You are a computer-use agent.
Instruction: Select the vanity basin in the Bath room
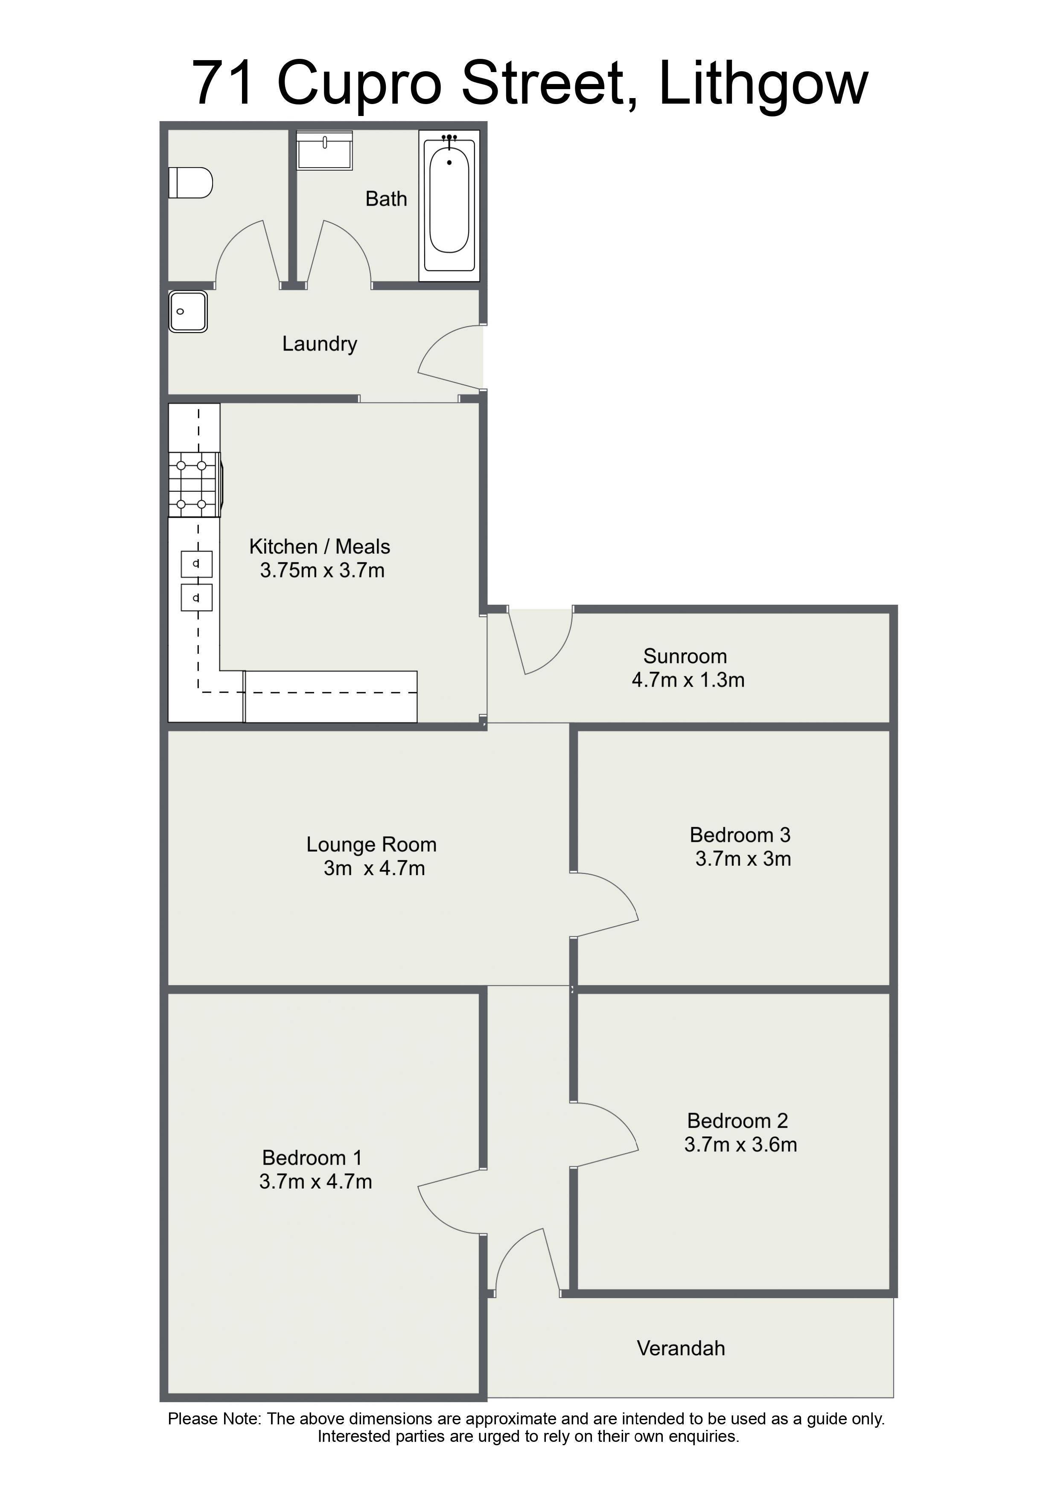point(325,151)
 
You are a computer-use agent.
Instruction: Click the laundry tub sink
point(188,312)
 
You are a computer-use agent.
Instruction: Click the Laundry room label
point(319,344)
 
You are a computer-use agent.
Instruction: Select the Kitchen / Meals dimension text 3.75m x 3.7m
point(322,571)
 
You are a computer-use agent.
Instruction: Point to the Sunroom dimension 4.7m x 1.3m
point(688,680)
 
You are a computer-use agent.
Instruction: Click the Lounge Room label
point(372,844)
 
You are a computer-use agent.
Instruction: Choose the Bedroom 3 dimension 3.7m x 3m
point(743,859)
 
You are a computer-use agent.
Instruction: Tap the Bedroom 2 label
point(737,1121)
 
